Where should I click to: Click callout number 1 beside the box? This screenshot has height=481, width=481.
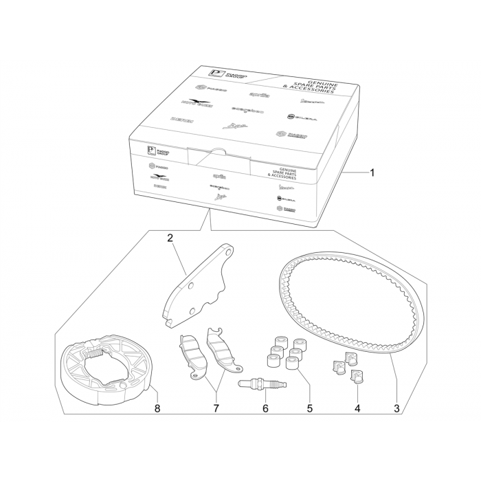pyautogui.click(x=372, y=172)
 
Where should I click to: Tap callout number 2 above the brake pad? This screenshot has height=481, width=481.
pyautogui.click(x=170, y=239)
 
